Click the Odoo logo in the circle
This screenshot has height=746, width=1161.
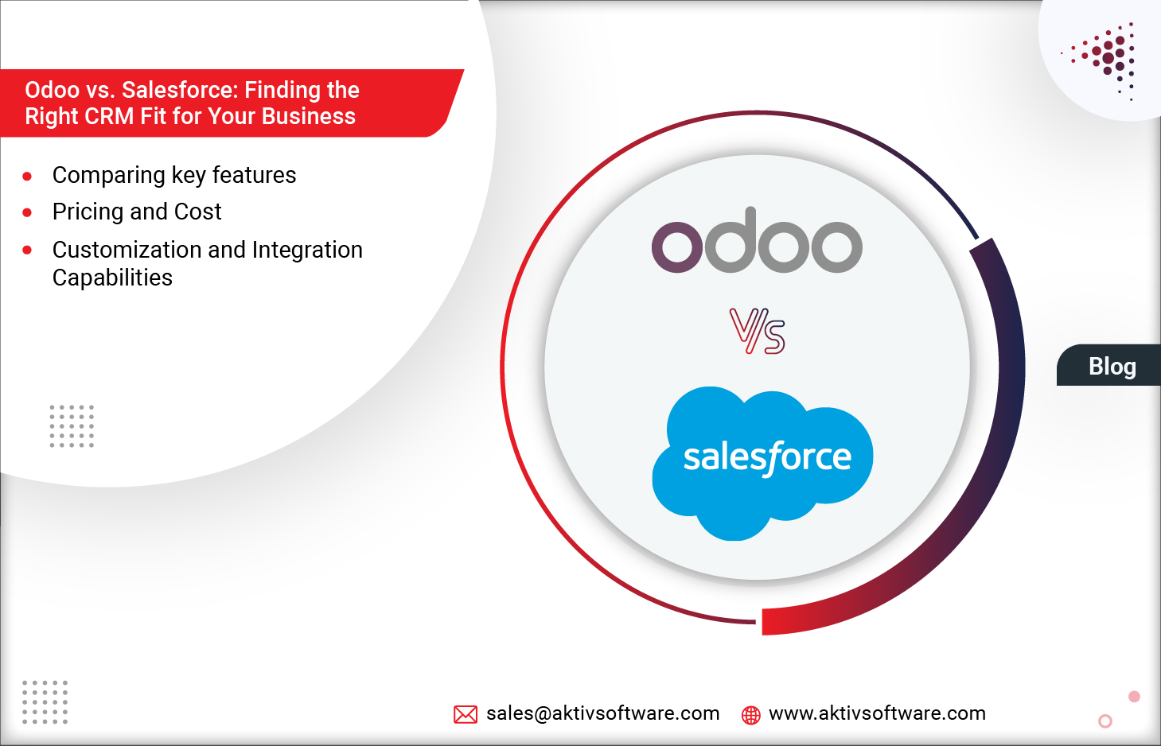[x=757, y=243]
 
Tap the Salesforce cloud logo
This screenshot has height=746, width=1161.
[x=762, y=461]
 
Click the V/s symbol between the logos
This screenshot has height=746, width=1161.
[x=758, y=331]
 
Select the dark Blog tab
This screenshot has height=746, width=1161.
[x=1111, y=366]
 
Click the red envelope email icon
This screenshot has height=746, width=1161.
[x=466, y=714]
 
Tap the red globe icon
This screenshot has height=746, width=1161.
[x=750, y=715]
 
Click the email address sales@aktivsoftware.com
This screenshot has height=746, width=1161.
[x=602, y=713]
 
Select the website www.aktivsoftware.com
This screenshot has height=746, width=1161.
[x=877, y=713]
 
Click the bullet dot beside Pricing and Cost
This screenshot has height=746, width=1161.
[x=27, y=212]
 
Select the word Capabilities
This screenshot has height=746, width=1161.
[x=112, y=278]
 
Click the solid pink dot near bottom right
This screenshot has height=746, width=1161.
[x=1134, y=697]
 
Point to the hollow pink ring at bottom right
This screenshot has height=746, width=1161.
[x=1105, y=721]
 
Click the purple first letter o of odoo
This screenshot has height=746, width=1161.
[x=678, y=247]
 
